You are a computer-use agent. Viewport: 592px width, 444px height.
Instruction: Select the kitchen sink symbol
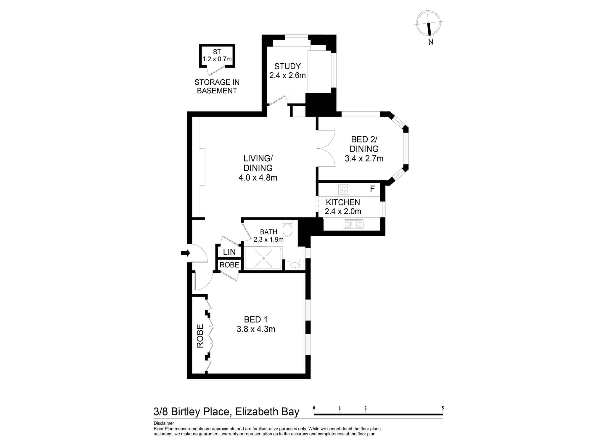pos(353,224)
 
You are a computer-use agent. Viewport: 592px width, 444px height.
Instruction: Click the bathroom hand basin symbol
pos(295,265)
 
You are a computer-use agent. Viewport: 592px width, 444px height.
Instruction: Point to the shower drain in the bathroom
pos(263,258)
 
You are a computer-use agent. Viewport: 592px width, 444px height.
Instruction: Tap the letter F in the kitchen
pos(372,189)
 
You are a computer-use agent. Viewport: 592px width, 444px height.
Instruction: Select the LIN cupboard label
pos(229,252)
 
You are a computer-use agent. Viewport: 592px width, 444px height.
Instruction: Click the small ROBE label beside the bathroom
pos(229,265)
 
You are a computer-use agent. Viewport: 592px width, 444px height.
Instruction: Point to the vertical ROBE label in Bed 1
pos(200,336)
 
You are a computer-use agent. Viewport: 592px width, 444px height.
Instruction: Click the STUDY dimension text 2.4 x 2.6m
pos(287,75)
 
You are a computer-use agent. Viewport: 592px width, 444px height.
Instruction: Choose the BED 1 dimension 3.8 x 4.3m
pos(256,329)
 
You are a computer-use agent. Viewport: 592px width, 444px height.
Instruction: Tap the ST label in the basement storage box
pos(217,52)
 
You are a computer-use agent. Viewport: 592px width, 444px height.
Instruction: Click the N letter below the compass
pos(431,42)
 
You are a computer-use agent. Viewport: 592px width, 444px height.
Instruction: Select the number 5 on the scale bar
pos(443,408)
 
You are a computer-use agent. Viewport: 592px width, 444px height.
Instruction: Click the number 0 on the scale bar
pos(314,408)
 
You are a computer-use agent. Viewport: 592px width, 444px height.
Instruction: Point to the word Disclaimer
pos(164,423)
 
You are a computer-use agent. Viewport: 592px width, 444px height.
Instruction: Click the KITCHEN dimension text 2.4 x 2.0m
pos(343,211)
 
